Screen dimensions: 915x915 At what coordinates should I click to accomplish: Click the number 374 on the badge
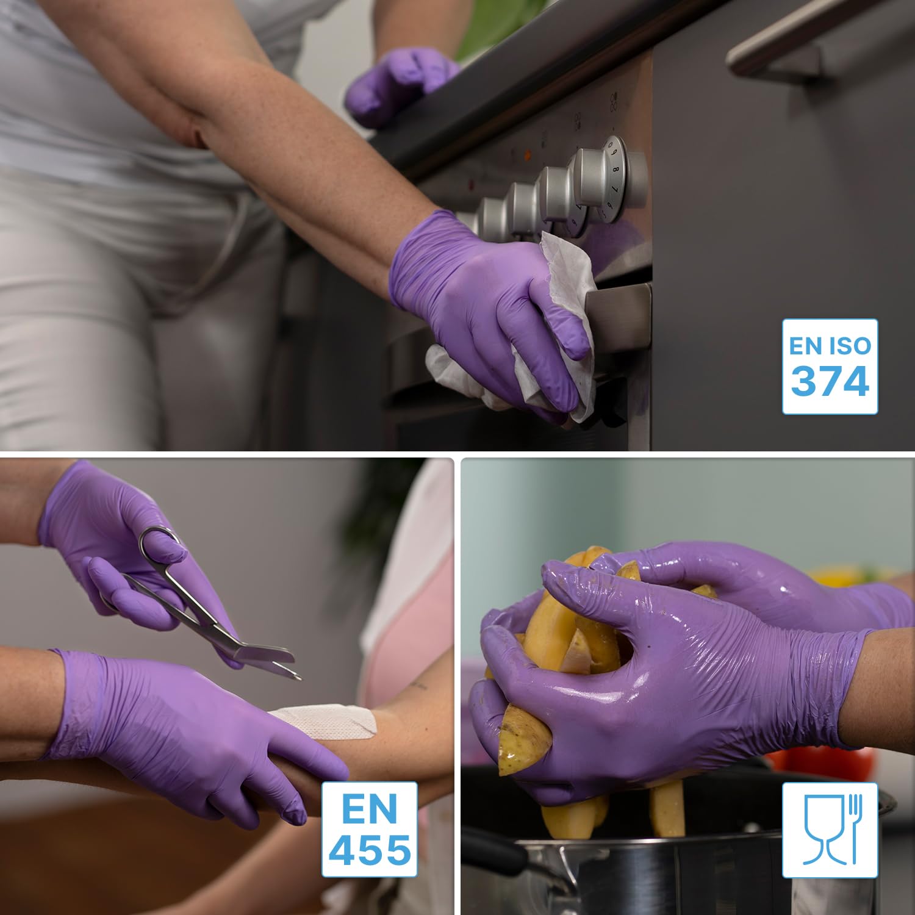click(830, 381)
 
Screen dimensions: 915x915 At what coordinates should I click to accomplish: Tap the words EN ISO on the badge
click(830, 346)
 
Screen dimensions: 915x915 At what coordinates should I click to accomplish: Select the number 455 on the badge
click(370, 849)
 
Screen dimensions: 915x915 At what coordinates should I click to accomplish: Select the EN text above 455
click(370, 809)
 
